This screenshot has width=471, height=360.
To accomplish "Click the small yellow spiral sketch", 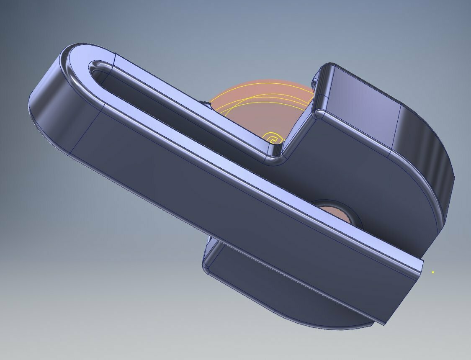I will (273, 138).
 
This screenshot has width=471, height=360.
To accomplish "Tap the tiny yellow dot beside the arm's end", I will (432, 273).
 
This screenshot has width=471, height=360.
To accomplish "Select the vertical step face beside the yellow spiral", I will (299, 130).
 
